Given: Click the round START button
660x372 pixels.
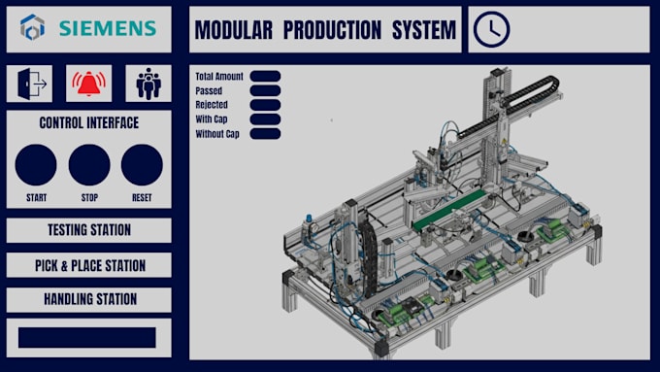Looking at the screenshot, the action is (x=36, y=165).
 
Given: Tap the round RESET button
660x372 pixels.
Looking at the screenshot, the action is (x=142, y=165).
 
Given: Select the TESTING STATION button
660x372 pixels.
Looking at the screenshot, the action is (x=89, y=230).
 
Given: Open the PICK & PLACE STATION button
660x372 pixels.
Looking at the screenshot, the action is (x=89, y=265).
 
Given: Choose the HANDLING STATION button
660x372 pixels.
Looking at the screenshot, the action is (x=89, y=299).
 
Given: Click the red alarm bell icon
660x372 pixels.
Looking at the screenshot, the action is (x=89, y=84).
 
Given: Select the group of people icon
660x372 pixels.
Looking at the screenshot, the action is (x=148, y=84).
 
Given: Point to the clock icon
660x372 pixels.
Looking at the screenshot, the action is (x=492, y=29).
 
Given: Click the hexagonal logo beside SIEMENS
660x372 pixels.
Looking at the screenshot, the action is (x=32, y=27).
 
